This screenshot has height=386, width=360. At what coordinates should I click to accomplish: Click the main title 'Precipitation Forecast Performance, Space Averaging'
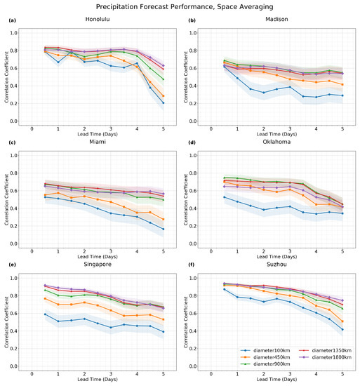(180, 6)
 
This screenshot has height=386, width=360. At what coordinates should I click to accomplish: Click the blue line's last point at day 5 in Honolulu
(164, 103)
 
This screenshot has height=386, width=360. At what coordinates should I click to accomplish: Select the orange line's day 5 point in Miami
(164, 219)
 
